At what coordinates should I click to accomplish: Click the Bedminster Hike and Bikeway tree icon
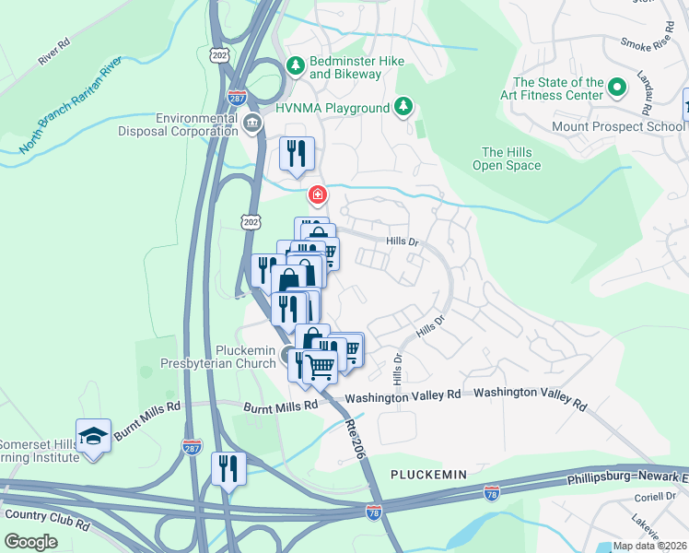point(295,65)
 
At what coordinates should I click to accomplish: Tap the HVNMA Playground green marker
point(403,108)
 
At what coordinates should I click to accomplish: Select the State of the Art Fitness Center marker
point(616,88)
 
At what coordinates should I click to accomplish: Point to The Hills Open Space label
point(506,159)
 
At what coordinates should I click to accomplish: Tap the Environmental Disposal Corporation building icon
point(251,124)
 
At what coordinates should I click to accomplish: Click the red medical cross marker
point(317,195)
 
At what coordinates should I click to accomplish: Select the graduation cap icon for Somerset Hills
point(93,434)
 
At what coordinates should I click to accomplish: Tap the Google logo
point(31,541)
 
